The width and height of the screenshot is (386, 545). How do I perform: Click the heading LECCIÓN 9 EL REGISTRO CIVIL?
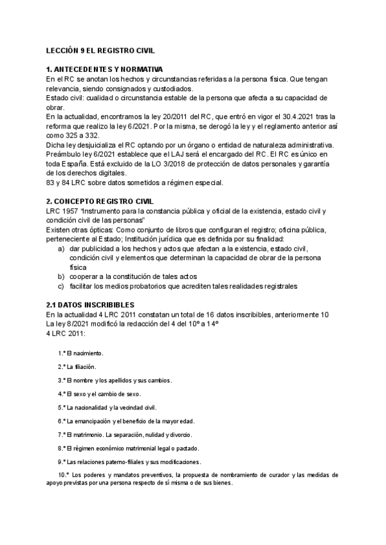click(x=100, y=49)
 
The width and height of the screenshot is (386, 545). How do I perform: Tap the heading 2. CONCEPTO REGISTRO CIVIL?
click(x=100, y=201)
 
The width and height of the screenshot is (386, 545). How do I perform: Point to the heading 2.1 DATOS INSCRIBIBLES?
click(x=91, y=304)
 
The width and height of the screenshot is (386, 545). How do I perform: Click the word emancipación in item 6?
click(x=93, y=421)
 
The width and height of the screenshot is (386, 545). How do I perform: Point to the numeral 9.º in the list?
click(x=61, y=461)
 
